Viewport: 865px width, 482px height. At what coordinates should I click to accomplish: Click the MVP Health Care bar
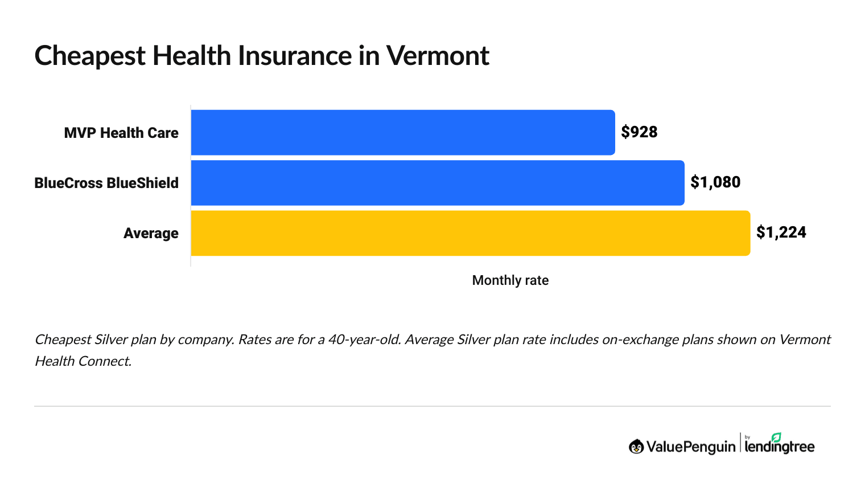[403, 132]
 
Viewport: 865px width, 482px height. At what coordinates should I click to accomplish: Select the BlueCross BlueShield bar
[438, 182]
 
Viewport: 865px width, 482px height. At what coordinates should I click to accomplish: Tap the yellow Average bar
[470, 233]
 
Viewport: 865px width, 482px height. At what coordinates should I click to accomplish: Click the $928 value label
[639, 132]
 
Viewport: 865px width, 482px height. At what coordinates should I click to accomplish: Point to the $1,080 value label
[715, 182]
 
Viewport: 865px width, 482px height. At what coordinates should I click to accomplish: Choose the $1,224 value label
[781, 232]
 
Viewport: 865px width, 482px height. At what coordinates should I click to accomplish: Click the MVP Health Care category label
[121, 133]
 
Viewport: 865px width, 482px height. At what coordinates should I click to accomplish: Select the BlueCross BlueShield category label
[106, 183]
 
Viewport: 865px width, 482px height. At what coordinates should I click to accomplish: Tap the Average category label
[151, 234]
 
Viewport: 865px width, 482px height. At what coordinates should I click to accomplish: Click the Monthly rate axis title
[510, 280]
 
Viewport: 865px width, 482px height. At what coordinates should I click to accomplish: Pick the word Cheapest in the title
[90, 56]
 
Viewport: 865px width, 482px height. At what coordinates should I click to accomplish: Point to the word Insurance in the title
[295, 56]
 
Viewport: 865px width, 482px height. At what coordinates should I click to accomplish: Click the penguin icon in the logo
[636, 447]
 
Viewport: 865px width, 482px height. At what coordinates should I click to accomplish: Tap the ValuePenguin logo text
[691, 447]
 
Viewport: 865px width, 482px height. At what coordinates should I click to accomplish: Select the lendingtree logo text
[779, 447]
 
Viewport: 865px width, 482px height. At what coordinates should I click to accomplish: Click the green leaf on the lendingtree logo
[776, 437]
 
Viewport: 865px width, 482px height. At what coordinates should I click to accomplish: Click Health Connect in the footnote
[83, 361]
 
